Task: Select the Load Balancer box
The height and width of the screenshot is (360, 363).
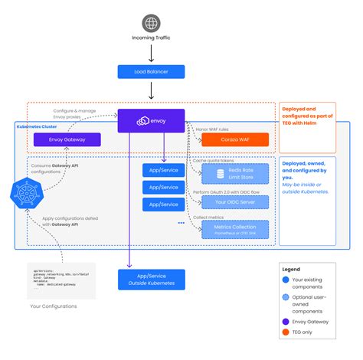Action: pos(152,71)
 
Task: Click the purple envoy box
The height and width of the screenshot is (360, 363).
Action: pos(152,119)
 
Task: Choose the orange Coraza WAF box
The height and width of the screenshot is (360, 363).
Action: pos(235,140)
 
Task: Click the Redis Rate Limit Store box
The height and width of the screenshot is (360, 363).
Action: pos(235,172)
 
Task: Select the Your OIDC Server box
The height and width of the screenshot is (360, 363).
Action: pos(235,201)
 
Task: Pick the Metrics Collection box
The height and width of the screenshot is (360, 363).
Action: pos(235,229)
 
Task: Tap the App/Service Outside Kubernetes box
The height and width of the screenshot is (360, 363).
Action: pos(152,279)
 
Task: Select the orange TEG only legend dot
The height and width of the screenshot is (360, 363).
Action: pos(286,332)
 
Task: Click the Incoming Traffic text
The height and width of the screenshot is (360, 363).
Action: pos(152,43)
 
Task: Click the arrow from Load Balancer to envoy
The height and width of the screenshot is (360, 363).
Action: pos(152,92)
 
